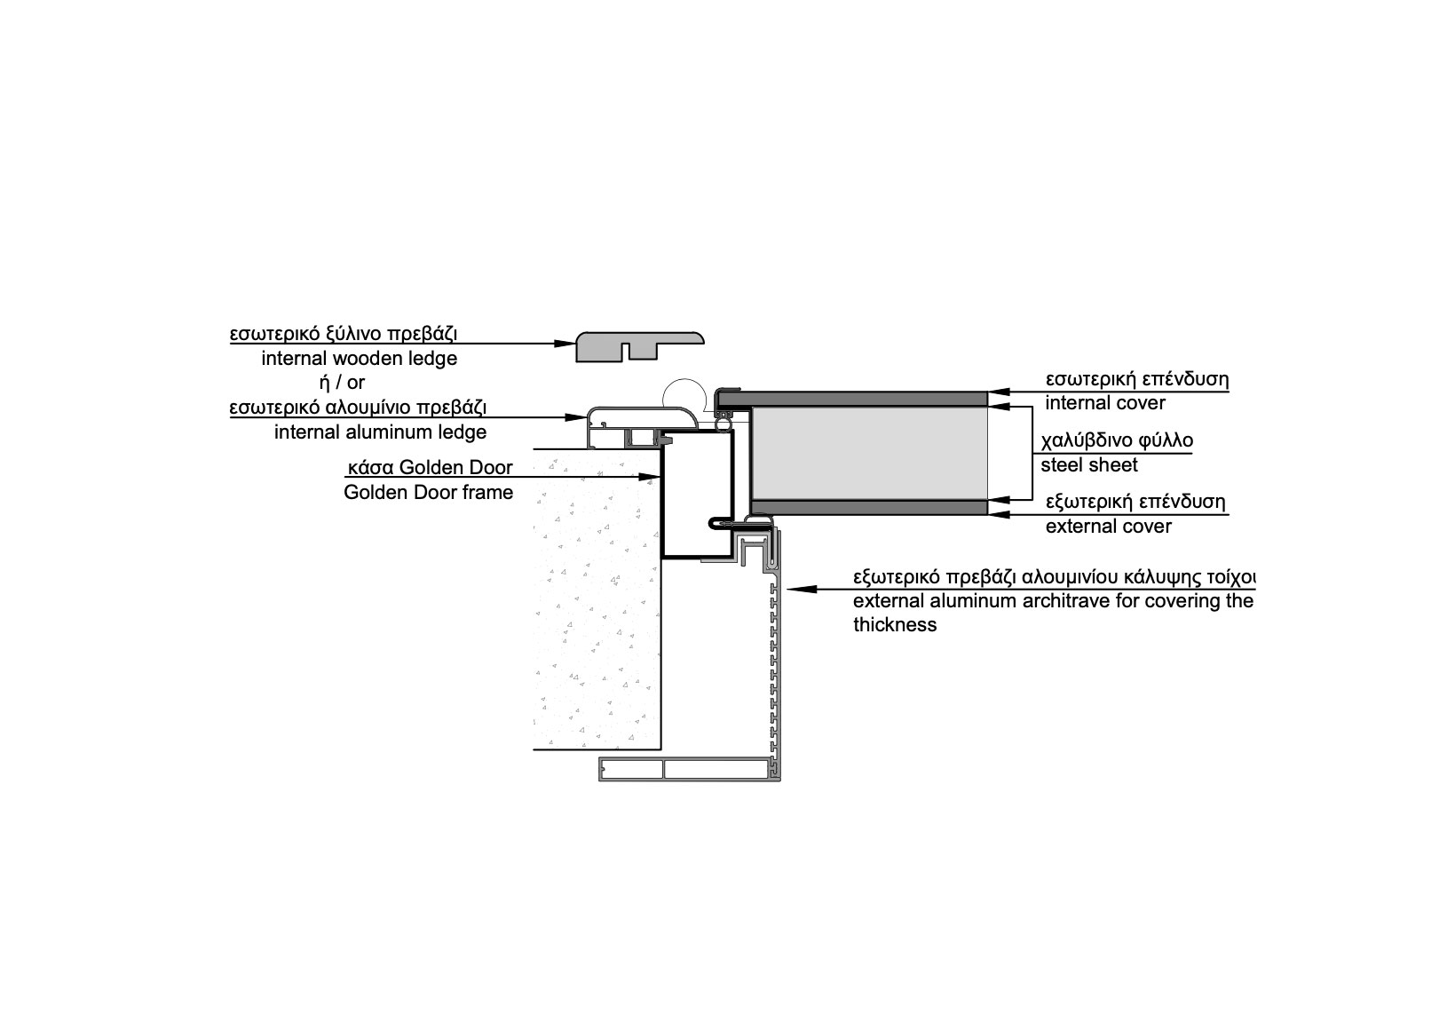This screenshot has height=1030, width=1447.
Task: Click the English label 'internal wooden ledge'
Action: pyautogui.click(x=360, y=359)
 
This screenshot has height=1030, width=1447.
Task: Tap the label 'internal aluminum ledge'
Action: pyautogui.click(x=381, y=432)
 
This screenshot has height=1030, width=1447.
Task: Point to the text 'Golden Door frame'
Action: pyautogui.click(x=428, y=493)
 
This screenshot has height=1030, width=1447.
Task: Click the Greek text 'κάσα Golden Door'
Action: pyautogui.click(x=431, y=467)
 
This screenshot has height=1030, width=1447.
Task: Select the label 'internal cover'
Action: pyautogui.click(x=1105, y=403)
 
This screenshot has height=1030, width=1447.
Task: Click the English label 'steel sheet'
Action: pyautogui.click(x=1089, y=465)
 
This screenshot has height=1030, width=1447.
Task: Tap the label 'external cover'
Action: pyautogui.click(x=1109, y=527)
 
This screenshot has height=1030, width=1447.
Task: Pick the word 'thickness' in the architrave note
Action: pyautogui.click(x=895, y=625)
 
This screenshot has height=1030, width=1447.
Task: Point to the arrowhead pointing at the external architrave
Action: pyautogui.click(x=798, y=590)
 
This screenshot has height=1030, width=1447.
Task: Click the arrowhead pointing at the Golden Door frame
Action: pyautogui.click(x=649, y=478)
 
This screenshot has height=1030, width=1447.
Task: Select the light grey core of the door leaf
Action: pyautogui.click(x=869, y=453)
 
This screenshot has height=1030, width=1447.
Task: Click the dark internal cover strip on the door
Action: pyautogui.click(x=853, y=399)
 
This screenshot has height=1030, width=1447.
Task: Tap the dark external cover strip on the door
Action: pyautogui.click(x=869, y=507)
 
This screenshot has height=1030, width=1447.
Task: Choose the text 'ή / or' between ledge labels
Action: pyautogui.click(x=343, y=383)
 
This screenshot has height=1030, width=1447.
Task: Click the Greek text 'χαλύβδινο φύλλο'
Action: pyautogui.click(x=1117, y=441)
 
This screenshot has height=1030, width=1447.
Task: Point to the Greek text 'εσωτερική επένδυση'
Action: pyautogui.click(x=1137, y=379)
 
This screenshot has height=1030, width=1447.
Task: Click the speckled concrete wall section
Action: pyautogui.click(x=597, y=601)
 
